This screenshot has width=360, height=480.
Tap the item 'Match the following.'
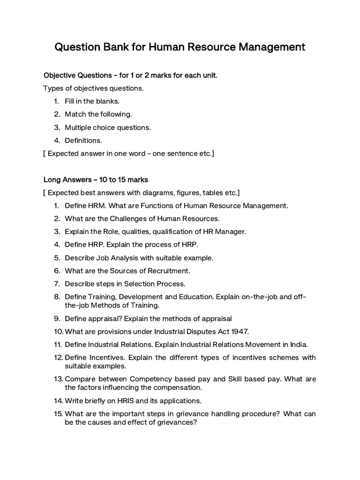click(98, 114)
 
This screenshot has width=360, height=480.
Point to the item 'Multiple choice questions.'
click(108, 127)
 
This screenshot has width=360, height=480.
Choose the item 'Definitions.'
click(83, 140)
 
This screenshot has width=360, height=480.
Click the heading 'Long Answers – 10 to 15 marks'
click(96, 180)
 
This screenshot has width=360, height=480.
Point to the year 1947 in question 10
click(240, 331)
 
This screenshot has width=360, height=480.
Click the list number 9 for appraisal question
click(56, 318)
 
